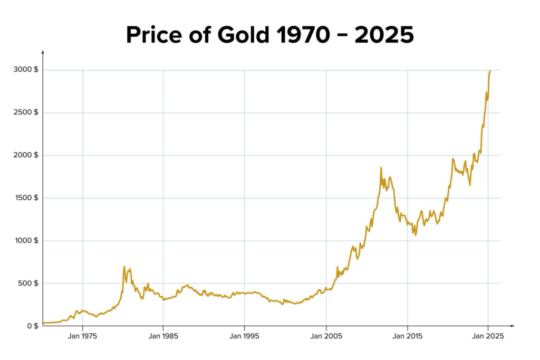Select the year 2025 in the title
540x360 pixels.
[x=384, y=35]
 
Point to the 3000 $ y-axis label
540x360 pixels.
[x=26, y=70]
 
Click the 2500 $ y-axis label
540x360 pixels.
[x=26, y=113]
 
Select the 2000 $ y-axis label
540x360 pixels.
[x=26, y=155]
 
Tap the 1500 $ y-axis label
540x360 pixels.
[x=26, y=198]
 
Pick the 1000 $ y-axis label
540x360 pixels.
[x=26, y=241]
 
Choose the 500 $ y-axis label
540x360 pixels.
[x=27, y=284]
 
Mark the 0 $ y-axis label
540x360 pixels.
[x=33, y=326]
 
